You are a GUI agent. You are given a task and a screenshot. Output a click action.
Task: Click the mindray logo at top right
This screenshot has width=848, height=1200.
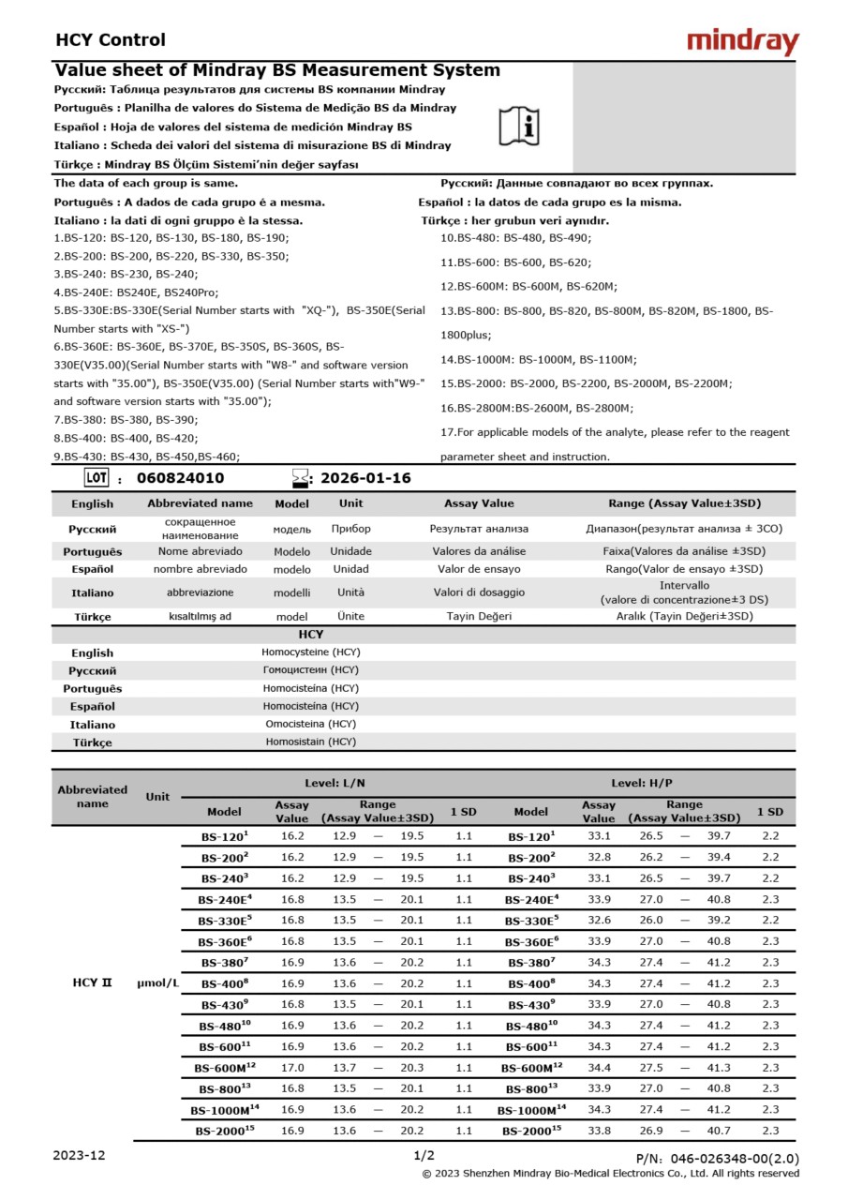point(742,41)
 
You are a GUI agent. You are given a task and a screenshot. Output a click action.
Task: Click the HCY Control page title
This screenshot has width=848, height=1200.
point(111,40)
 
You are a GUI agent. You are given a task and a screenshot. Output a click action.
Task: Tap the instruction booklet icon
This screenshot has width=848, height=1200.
point(519,125)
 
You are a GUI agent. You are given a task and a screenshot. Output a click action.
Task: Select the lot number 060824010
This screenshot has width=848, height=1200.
point(181,478)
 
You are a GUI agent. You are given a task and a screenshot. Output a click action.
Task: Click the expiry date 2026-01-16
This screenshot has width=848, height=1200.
point(365,478)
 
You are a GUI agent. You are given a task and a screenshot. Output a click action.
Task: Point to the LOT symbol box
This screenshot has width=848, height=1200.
point(97,477)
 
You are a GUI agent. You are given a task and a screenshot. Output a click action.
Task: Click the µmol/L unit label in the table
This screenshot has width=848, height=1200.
point(157,983)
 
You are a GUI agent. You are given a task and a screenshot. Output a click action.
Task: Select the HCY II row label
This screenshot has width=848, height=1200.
point(92,983)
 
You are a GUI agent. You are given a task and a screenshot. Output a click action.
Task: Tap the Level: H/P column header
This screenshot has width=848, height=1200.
point(642,783)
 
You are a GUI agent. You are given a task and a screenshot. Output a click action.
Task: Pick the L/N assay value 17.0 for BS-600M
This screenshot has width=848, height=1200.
point(292,1068)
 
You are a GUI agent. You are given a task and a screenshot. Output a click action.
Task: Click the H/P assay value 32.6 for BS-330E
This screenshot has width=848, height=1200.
point(599,921)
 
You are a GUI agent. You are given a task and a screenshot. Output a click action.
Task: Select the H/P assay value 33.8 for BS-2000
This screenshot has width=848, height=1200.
point(599,1132)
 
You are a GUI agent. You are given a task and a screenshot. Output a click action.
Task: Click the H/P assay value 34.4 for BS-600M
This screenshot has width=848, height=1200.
point(599,1068)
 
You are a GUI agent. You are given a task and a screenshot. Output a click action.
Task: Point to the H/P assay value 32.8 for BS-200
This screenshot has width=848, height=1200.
point(599,857)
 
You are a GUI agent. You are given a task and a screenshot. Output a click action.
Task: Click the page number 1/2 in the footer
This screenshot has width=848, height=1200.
point(424,1156)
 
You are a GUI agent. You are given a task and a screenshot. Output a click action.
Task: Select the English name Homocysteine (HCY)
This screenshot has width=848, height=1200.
point(310,652)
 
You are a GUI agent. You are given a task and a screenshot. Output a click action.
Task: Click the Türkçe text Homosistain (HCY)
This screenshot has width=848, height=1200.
point(310,742)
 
